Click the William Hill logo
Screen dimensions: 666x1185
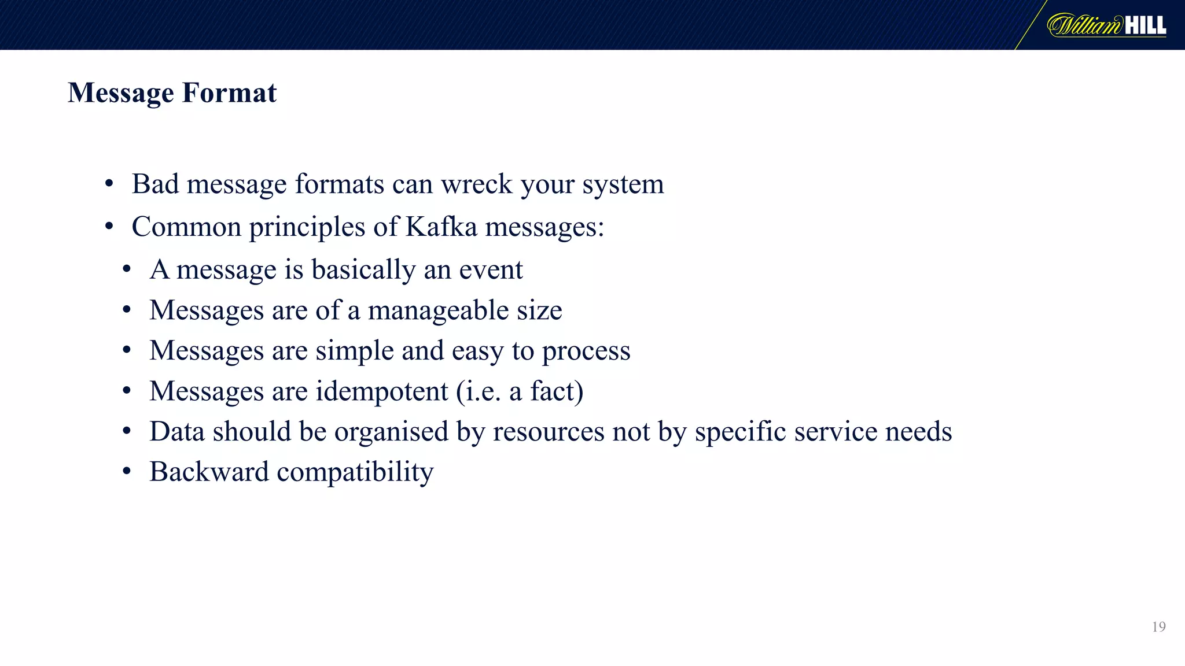[x=1106, y=25]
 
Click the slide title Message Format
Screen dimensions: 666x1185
[x=172, y=92]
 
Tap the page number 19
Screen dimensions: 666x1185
[x=1158, y=627]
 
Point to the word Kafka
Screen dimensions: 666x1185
[x=441, y=226]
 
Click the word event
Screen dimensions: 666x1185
[x=491, y=269]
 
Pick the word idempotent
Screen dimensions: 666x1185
[x=382, y=391]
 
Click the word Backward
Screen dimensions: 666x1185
[x=209, y=472]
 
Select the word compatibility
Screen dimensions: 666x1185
[x=355, y=472]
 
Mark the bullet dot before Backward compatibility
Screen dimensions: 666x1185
[x=127, y=472]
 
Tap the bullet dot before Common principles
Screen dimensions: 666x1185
[x=109, y=227]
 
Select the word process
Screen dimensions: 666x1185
[x=586, y=351]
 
